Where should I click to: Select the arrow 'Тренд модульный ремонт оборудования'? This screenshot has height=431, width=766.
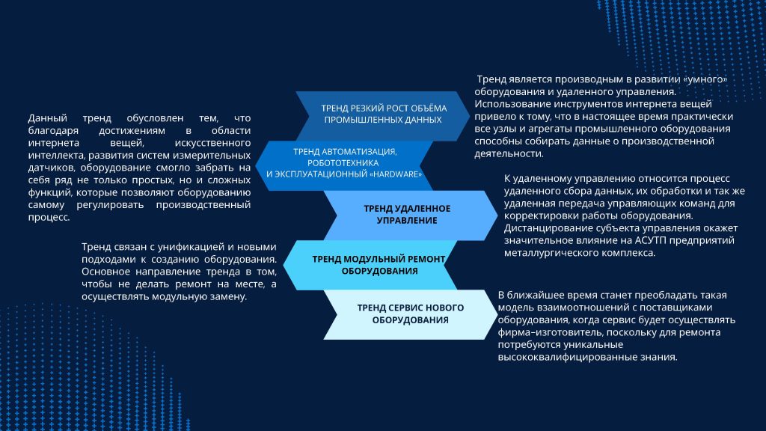tap(370, 265)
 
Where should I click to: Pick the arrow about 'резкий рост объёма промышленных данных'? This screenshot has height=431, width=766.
tap(383, 116)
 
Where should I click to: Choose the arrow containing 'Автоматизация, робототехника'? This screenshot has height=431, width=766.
tap(344, 165)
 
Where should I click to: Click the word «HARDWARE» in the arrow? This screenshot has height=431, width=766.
tap(396, 174)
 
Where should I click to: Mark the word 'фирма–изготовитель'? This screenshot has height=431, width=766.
tap(539, 332)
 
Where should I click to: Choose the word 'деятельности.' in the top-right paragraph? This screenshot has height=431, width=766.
tap(509, 154)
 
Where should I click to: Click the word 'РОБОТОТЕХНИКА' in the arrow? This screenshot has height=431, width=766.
tap(343, 163)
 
